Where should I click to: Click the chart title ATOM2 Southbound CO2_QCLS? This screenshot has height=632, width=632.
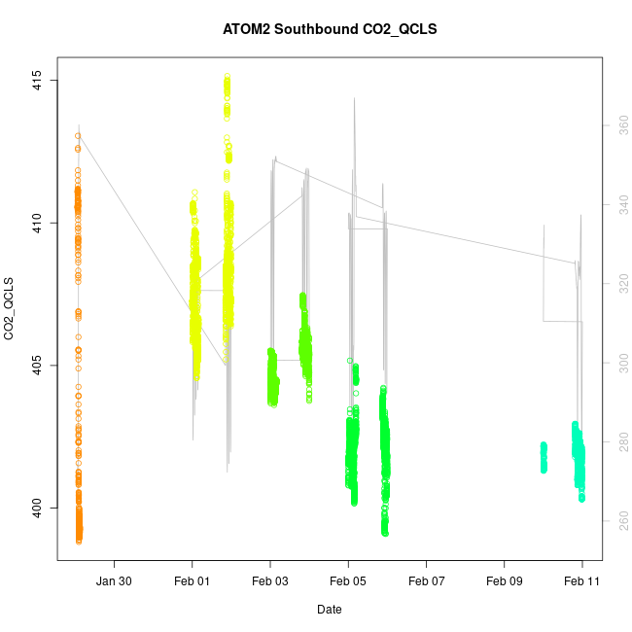330,29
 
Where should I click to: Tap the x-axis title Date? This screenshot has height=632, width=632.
329,610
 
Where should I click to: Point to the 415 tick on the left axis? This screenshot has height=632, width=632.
35,80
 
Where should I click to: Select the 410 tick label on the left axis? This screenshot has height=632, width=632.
35,223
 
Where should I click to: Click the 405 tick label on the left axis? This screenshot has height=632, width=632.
35,366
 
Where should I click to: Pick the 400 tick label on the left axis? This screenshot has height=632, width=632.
35,508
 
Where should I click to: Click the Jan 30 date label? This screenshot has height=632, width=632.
115,580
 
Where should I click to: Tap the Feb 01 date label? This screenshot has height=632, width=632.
192,580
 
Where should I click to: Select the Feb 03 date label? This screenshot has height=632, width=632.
270,580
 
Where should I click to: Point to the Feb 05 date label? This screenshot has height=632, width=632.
348,580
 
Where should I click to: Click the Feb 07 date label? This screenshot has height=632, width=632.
426,580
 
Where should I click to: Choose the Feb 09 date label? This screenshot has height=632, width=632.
504,580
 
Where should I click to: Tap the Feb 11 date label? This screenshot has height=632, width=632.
581,580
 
